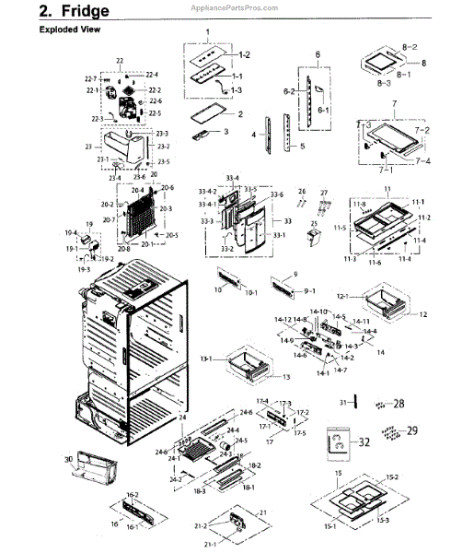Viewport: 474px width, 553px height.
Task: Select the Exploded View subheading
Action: point(69,29)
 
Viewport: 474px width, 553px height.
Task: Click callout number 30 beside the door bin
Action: point(68,458)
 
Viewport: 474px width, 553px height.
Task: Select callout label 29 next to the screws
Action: point(411,430)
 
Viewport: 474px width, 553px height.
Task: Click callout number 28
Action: point(399,404)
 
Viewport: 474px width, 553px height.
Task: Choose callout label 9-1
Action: point(310,289)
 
